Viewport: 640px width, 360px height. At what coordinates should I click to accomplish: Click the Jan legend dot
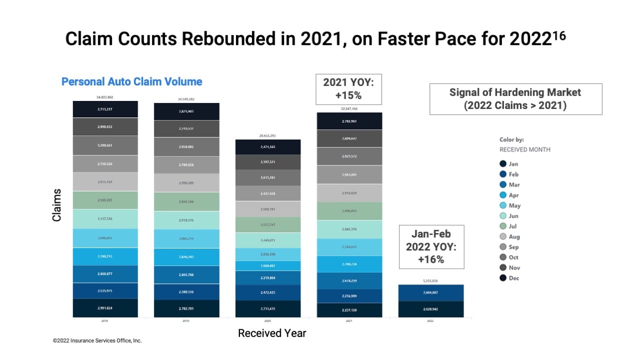[x=503, y=163]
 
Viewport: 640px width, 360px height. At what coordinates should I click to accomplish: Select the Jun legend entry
[x=509, y=216]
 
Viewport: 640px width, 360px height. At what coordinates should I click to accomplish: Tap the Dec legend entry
[x=509, y=278]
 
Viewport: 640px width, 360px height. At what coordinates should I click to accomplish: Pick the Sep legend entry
[x=509, y=247]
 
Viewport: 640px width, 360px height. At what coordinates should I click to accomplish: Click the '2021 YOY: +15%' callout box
[x=348, y=89]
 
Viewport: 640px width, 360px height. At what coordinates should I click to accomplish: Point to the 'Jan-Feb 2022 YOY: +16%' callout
[x=431, y=246]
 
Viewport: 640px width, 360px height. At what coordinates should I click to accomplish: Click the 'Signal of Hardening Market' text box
[x=515, y=99]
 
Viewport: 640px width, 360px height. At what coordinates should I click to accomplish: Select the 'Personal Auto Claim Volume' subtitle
[x=131, y=81]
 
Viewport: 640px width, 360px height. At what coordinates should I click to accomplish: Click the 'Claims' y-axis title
[x=56, y=205]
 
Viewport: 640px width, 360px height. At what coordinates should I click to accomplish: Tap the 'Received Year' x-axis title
[x=272, y=333]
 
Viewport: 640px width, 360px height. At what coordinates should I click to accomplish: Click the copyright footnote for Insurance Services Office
[x=97, y=340]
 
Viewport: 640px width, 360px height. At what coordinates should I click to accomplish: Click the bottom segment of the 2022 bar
[x=431, y=309]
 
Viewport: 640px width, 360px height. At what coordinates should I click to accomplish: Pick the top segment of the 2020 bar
[x=268, y=147]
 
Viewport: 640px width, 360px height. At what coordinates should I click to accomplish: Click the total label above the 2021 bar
[x=349, y=108]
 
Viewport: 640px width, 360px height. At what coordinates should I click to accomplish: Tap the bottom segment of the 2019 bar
[x=186, y=308]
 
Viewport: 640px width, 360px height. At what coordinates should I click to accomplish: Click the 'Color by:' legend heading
[x=511, y=139]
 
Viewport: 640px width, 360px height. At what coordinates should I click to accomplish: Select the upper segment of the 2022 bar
[x=431, y=292]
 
